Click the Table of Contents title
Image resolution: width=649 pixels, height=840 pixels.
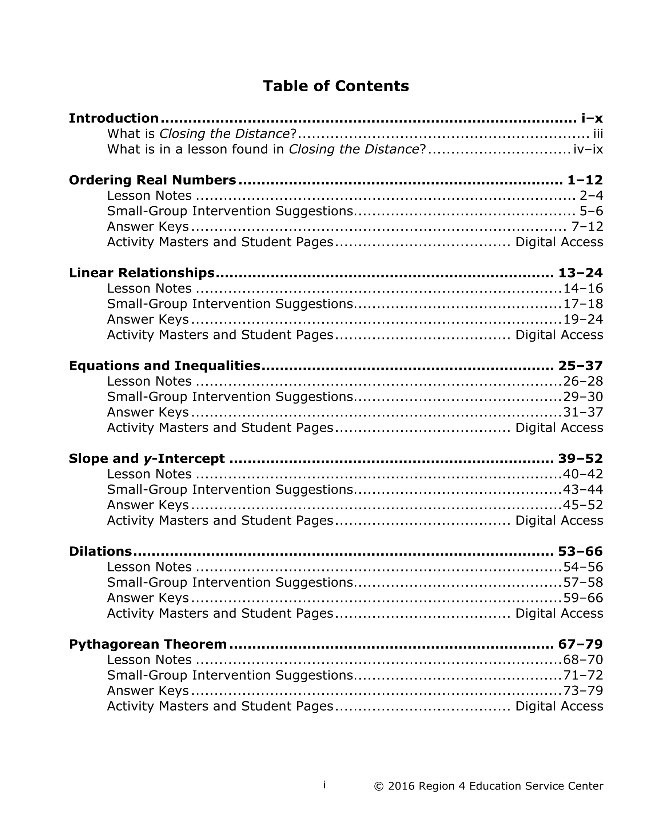click(335, 86)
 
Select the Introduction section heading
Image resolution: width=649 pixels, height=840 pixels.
click(114, 118)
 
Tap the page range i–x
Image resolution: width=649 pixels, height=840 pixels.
click(592, 118)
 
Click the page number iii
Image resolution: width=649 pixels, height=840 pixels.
click(598, 134)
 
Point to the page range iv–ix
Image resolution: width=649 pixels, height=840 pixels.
click(588, 149)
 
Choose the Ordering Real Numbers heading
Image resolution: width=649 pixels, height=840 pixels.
click(152, 180)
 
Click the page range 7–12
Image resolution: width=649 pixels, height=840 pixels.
click(587, 227)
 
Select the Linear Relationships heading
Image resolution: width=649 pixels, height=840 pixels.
click(142, 273)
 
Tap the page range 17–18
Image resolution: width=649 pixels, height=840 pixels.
click(583, 304)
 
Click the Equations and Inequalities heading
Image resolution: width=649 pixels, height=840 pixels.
click(164, 365)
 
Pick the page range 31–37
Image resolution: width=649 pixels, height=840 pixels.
click(583, 412)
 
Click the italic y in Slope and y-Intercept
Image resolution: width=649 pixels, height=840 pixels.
click(147, 459)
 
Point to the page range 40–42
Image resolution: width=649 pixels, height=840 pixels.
click(583, 474)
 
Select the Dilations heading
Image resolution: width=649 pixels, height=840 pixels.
click(100, 552)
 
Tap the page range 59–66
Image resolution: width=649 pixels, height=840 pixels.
click(583, 598)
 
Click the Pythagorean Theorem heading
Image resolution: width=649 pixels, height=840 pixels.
click(148, 644)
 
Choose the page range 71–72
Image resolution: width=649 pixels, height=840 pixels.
click(583, 676)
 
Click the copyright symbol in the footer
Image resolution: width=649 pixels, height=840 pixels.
click(379, 787)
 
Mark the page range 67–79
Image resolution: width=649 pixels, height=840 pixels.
click(580, 644)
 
